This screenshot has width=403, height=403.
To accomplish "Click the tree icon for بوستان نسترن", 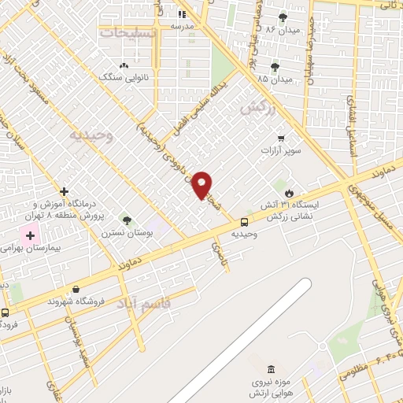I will (126, 220).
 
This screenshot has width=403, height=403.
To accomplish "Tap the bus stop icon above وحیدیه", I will (244, 223).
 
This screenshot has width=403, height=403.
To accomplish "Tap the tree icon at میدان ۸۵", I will (274, 67).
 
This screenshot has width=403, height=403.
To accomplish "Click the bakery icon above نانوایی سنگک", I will (123, 66).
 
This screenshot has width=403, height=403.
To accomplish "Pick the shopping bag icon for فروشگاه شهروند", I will (76, 289).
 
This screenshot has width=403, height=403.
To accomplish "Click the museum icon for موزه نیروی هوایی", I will (272, 370).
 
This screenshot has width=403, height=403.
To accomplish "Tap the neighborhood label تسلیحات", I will (130, 32).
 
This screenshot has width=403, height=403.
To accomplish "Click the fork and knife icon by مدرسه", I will (183, 13).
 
